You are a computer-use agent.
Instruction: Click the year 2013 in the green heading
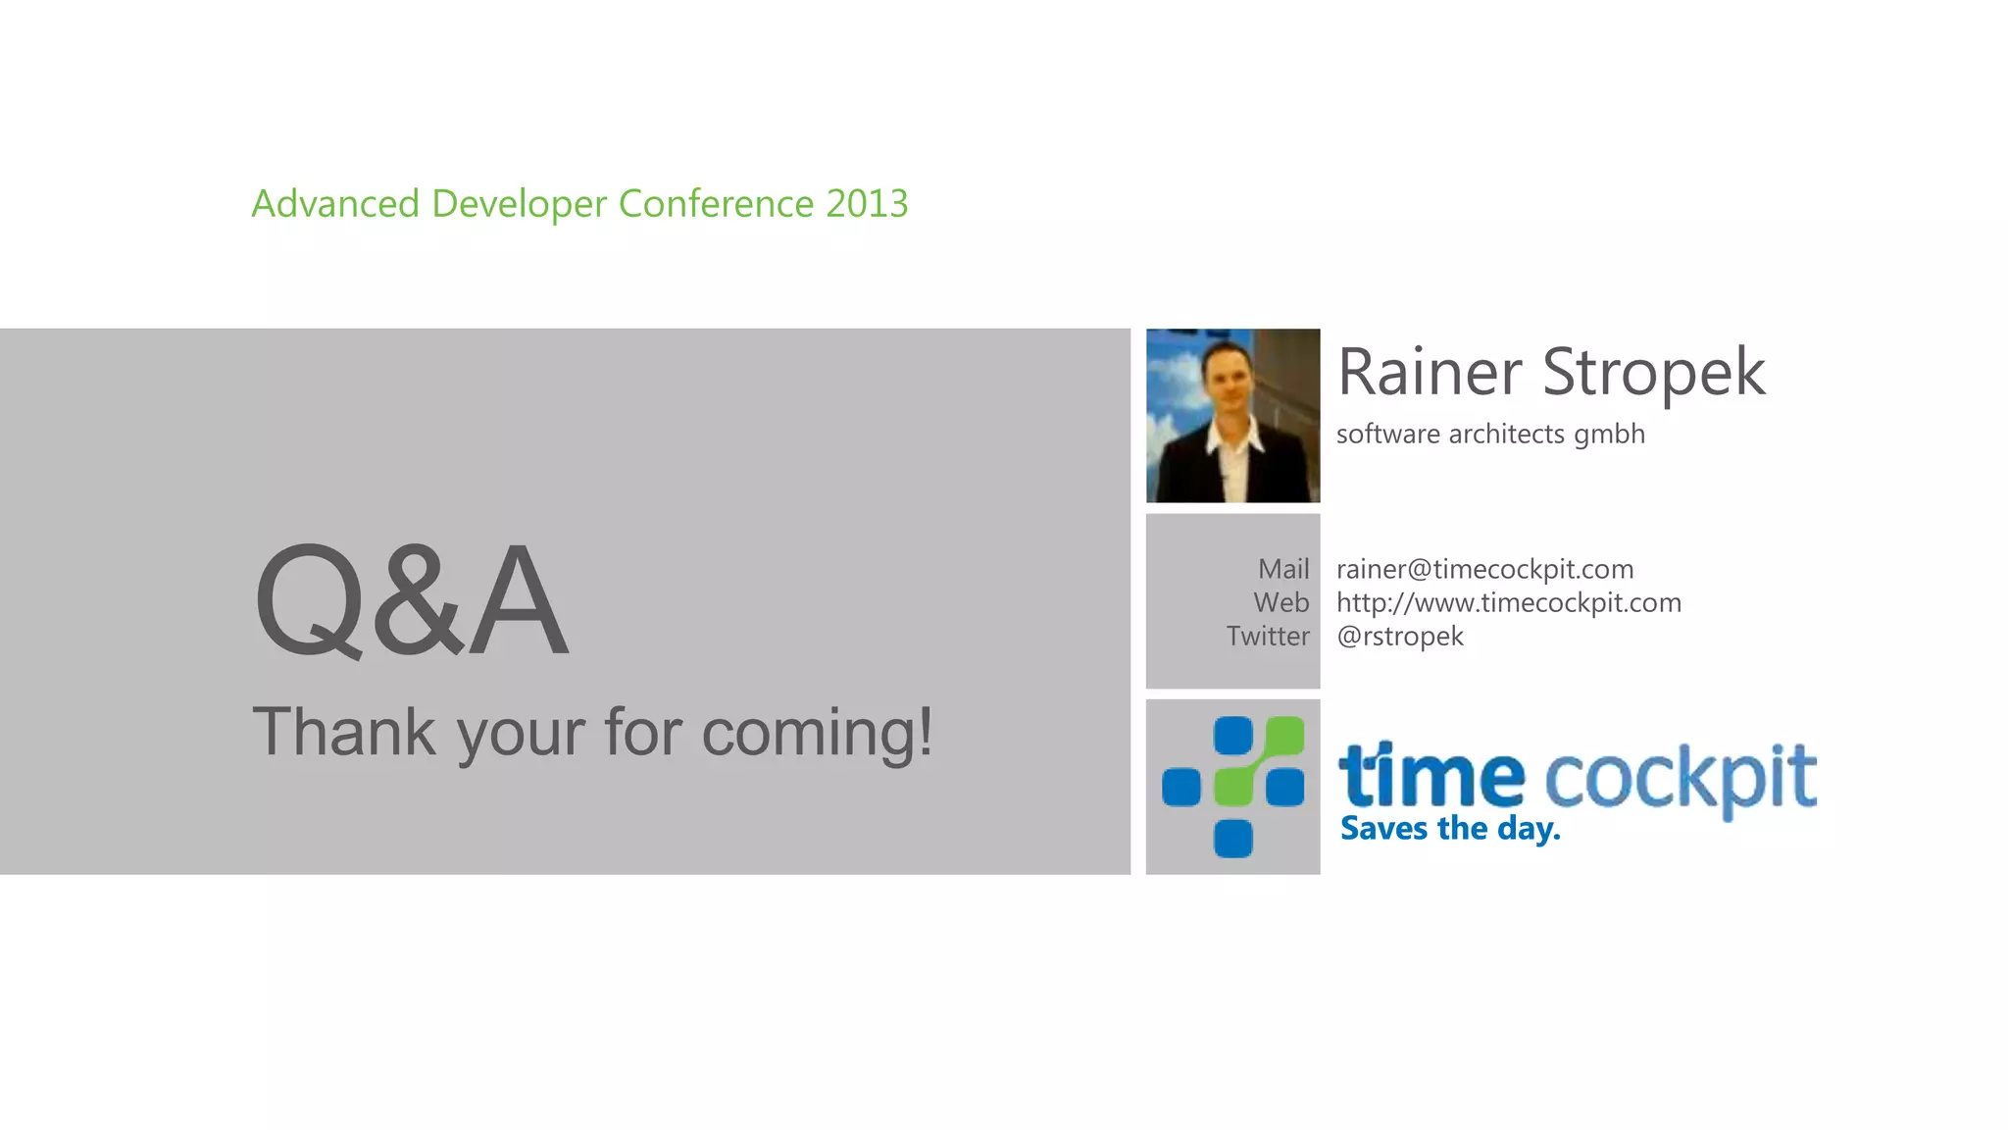coord(867,204)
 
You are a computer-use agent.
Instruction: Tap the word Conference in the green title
coord(716,204)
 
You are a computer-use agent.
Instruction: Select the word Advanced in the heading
coord(335,204)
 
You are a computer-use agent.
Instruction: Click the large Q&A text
coord(411,600)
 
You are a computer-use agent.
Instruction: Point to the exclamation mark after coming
coord(924,730)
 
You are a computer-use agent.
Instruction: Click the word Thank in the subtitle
coord(344,732)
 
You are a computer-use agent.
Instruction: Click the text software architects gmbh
coord(1489,434)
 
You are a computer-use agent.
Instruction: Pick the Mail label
coord(1283,569)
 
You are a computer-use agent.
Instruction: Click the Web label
coord(1280,602)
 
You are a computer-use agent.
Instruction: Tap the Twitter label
coord(1268,636)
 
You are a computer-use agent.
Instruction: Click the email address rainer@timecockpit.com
coord(1484,569)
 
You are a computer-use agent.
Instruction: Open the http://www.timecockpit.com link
coord(1508,602)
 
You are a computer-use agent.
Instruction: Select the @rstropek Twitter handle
coord(1399,636)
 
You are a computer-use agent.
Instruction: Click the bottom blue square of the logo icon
coord(1232,838)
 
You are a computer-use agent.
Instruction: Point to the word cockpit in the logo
coord(1681,778)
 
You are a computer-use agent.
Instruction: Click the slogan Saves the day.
coord(1449,829)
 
